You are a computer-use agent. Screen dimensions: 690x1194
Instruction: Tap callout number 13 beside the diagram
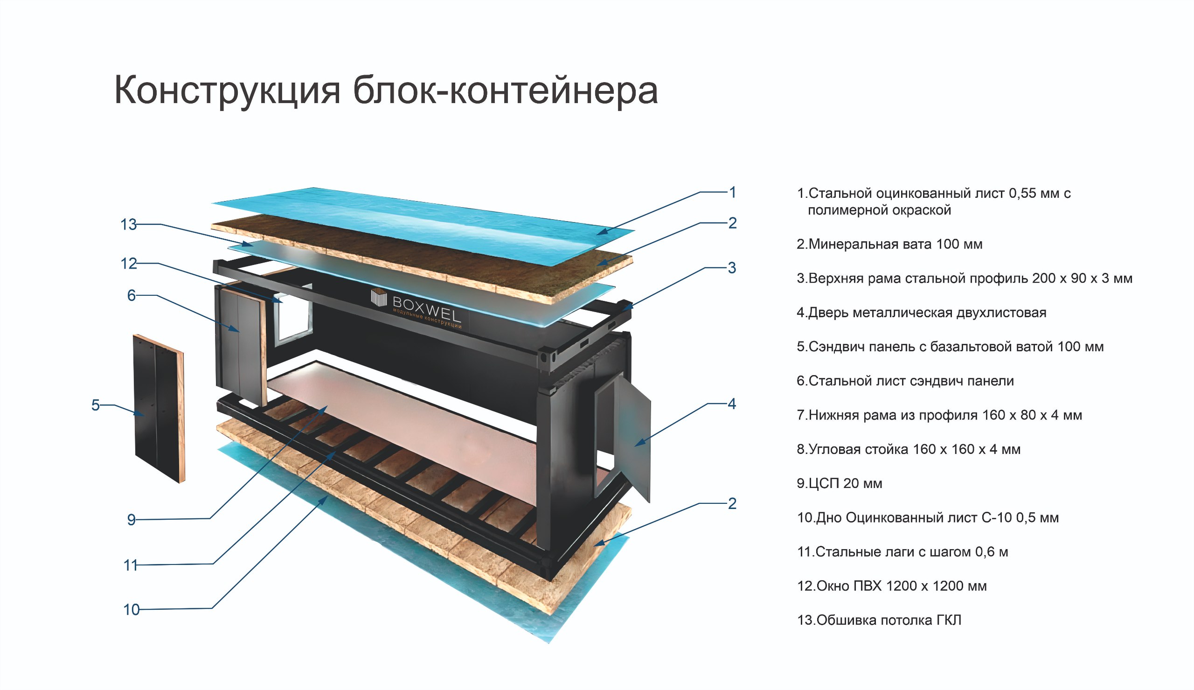click(128, 224)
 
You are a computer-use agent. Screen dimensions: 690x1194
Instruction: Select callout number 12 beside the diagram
click(128, 264)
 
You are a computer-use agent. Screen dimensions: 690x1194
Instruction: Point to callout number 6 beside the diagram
click(131, 296)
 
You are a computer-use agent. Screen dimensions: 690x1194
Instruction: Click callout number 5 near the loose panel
click(95, 405)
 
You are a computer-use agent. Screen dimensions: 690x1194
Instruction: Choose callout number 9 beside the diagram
click(131, 520)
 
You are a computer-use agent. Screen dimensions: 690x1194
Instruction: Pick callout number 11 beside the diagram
click(130, 565)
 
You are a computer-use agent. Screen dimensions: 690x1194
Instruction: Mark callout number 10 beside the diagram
click(131, 610)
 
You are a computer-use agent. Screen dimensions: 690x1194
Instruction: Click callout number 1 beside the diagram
click(732, 192)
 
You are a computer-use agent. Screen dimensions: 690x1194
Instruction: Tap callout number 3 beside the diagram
click(732, 268)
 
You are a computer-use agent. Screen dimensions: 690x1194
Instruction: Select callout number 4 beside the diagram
click(732, 404)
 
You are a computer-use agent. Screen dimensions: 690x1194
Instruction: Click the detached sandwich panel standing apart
click(159, 408)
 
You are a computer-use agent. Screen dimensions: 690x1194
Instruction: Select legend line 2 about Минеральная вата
click(889, 244)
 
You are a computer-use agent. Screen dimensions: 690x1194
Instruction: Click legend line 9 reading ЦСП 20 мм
click(839, 483)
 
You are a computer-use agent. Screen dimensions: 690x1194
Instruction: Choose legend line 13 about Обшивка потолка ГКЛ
click(879, 620)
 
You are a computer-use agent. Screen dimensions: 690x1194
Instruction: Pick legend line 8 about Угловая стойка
click(908, 449)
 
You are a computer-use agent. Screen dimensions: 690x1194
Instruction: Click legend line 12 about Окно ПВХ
click(891, 586)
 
